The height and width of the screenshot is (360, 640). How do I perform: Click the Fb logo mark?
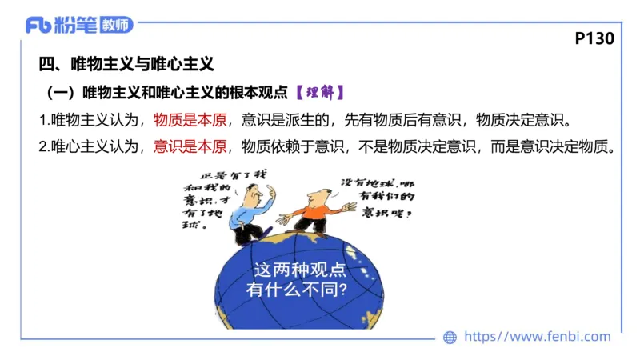click(x=39, y=25)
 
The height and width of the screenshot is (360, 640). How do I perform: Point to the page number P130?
click(x=594, y=38)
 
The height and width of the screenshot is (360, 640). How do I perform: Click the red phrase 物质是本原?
click(x=193, y=121)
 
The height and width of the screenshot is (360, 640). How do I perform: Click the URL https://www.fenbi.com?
click(x=537, y=337)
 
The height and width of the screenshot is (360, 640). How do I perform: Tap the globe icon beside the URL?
click(x=450, y=337)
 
